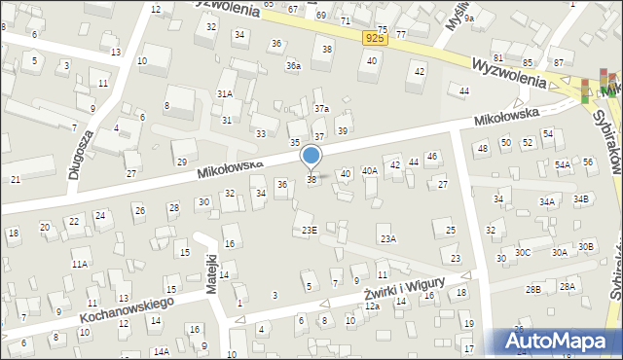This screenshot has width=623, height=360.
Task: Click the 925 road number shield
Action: click(376, 37)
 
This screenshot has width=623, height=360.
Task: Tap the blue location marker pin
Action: click(311, 157)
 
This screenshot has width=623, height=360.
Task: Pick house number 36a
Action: click(293, 66)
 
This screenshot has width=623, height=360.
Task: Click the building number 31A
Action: click(225, 93)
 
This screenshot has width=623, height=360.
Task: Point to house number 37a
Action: click(321, 108)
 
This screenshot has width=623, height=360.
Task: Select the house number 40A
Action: click(370, 170)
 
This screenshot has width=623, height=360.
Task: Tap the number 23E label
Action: click(309, 230)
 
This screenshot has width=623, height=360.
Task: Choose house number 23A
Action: click(387, 238)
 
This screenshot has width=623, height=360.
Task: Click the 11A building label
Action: click(80, 264)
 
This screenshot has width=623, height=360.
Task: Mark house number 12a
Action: click(372, 306)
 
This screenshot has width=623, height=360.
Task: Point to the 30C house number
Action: click(523, 252)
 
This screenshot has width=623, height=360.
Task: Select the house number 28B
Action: click(533, 289)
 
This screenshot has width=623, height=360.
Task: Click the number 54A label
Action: click(563, 165)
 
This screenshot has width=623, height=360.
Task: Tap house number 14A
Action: click(161, 351)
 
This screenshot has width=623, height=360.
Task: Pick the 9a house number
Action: click(468, 18)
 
